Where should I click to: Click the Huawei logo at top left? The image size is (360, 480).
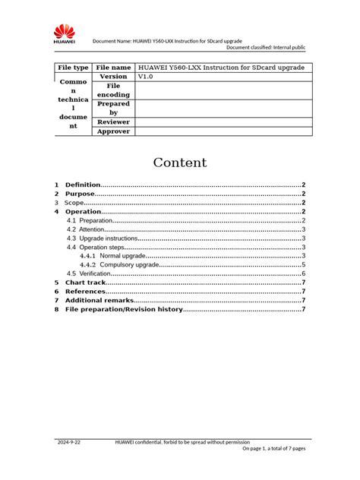63,33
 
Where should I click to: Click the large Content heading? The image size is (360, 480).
180,163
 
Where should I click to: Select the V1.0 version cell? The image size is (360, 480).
145,77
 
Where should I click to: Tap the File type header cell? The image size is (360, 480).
73,68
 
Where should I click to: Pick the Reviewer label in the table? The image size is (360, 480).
113,122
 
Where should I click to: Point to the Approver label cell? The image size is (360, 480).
113,131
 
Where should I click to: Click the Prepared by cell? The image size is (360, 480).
113,108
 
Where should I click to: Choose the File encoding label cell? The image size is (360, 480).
113,90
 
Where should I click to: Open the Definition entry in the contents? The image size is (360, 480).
83,185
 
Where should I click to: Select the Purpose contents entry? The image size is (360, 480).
80,194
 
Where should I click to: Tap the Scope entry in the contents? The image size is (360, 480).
74,203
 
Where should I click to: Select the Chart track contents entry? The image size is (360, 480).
85,283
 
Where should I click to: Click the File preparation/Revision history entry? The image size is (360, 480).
124,309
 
